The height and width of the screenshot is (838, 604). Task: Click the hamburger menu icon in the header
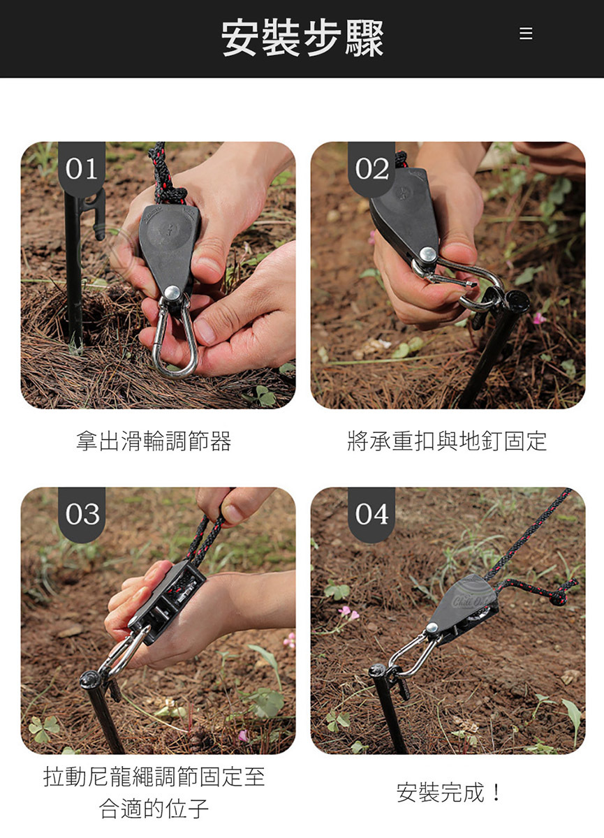[x=526, y=34]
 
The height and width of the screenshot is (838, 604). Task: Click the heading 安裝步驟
[x=302, y=38]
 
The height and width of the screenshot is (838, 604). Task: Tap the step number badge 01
[x=82, y=169]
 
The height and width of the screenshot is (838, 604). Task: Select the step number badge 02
[x=371, y=169]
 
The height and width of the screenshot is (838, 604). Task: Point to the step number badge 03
[x=82, y=515]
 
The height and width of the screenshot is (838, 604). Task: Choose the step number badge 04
[x=371, y=515]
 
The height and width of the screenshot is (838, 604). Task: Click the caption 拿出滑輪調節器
[x=154, y=441]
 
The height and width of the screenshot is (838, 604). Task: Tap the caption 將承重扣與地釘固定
[x=447, y=441]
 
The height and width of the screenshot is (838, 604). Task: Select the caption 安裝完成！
[x=448, y=792]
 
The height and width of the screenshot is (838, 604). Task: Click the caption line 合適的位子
[x=154, y=808]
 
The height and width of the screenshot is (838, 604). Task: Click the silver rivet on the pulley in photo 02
[x=428, y=254]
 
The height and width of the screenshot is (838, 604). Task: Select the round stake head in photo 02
[x=517, y=300]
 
